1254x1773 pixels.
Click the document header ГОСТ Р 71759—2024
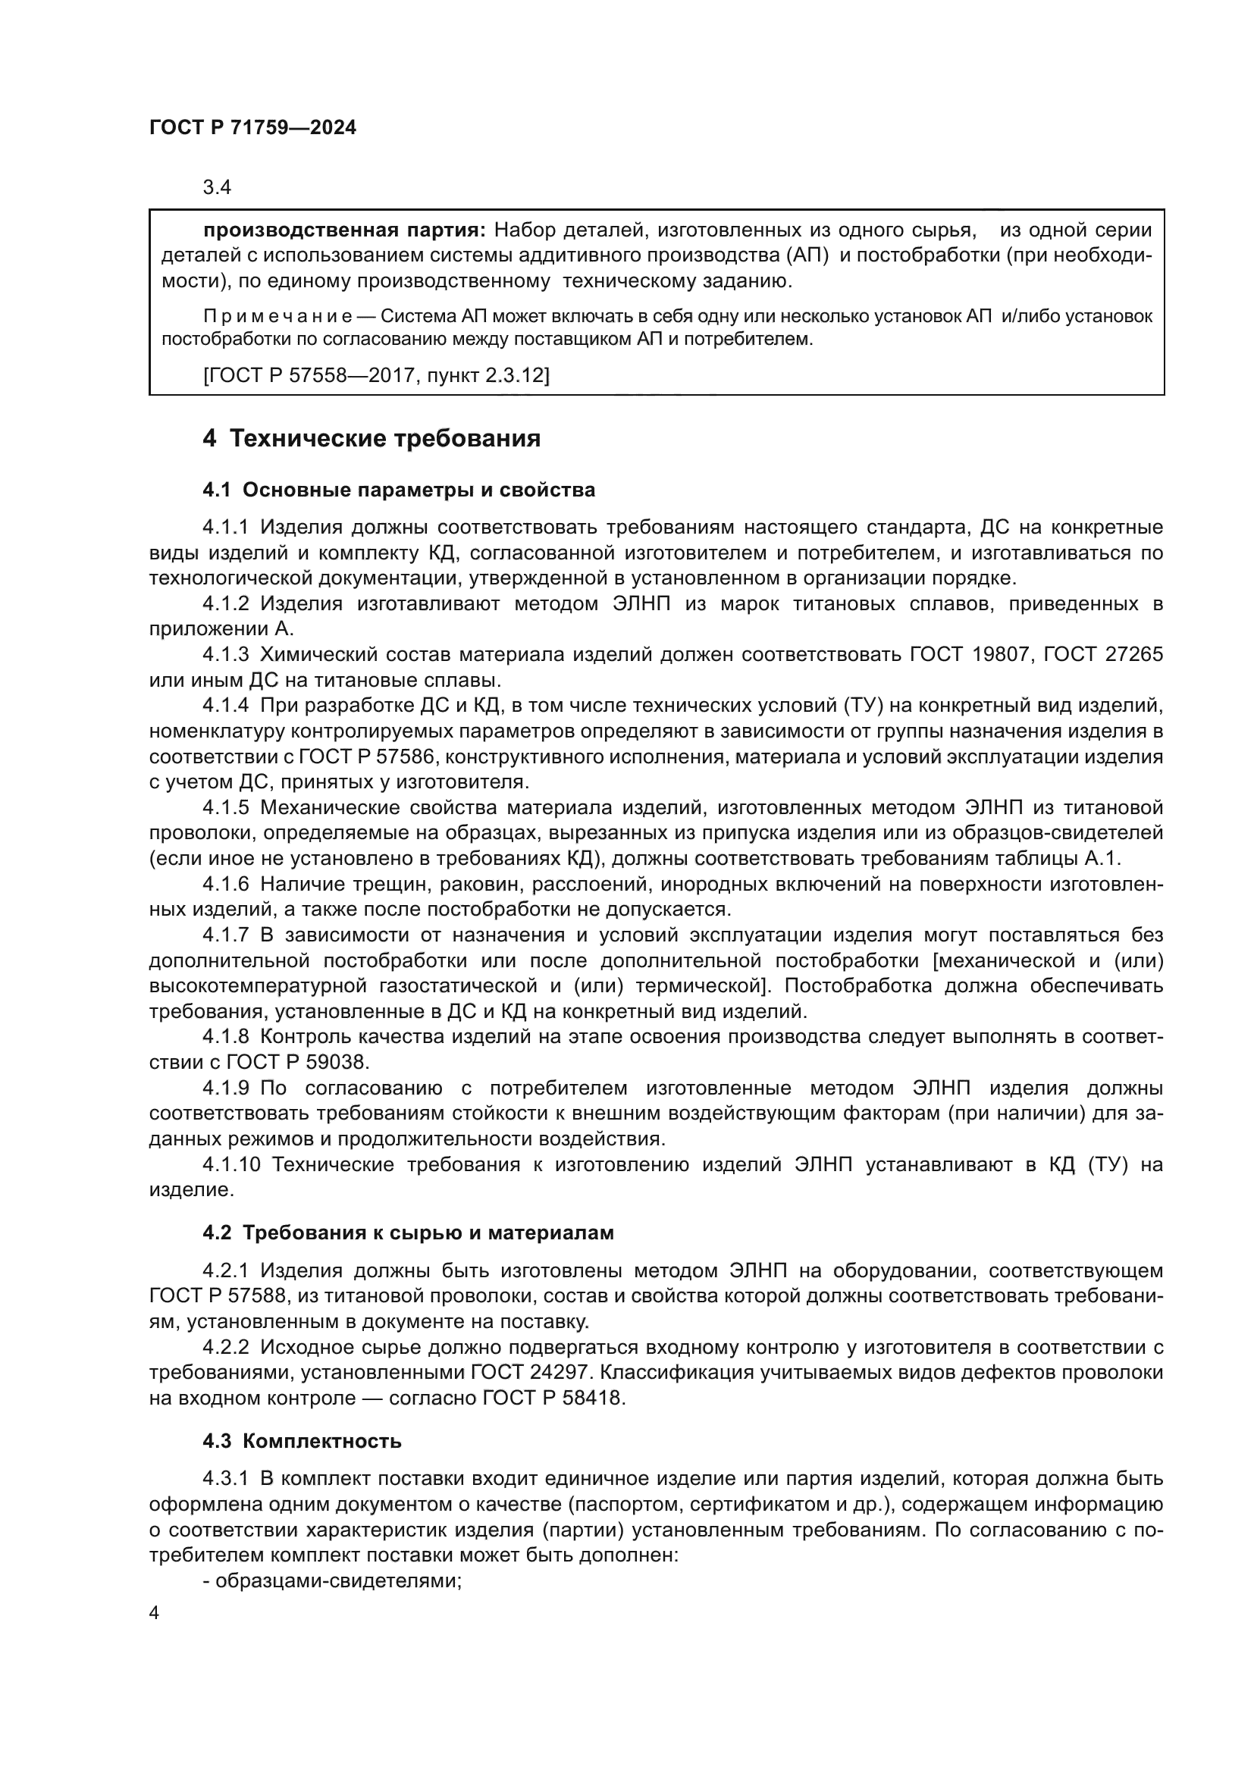point(252,128)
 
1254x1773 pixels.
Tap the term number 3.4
point(217,188)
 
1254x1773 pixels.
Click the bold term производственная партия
point(344,230)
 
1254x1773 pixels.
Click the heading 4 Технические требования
point(371,439)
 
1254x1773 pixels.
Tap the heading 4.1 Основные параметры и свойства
point(400,490)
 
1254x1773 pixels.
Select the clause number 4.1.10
point(230,1164)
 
